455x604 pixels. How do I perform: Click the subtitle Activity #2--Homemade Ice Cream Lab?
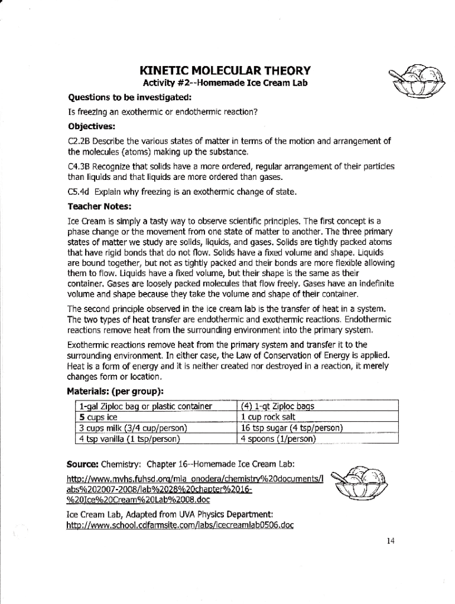(x=225, y=83)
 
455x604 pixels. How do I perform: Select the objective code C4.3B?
(x=79, y=168)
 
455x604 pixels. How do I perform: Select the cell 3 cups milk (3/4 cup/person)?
(x=133, y=428)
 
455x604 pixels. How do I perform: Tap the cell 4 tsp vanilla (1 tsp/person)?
(x=129, y=438)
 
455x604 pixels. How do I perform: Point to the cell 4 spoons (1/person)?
(x=278, y=438)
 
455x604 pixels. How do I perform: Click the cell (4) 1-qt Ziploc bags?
(x=277, y=406)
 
